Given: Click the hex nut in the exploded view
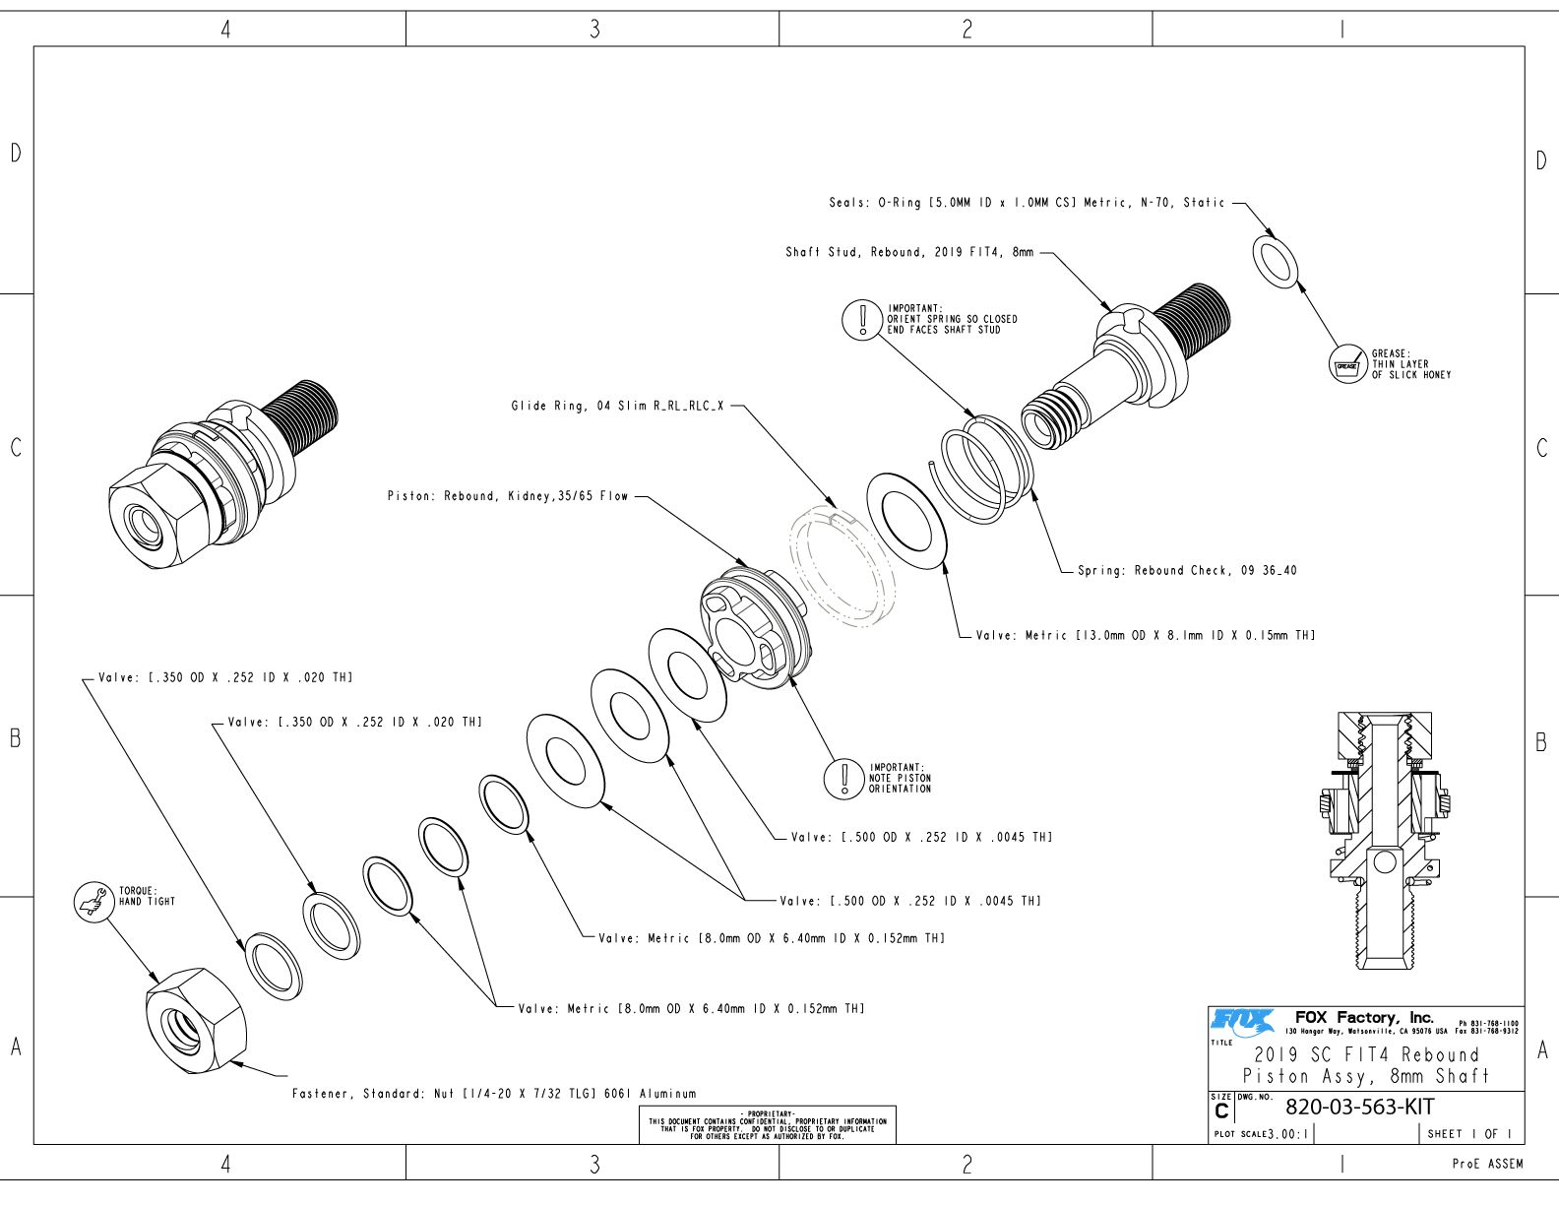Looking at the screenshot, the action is tap(196, 1021).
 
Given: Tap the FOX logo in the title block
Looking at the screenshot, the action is tap(1242, 1022).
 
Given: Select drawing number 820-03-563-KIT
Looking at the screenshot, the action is tap(1359, 1108).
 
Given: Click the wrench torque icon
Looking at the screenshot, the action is tap(94, 902).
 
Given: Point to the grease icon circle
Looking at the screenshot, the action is tap(1347, 364).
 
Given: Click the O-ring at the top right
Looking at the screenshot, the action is tap(1275, 261).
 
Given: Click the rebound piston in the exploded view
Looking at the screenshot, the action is tap(756, 627).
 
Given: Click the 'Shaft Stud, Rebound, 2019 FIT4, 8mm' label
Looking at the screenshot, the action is tap(909, 253).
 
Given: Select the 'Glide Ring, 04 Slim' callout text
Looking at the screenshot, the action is tap(618, 407).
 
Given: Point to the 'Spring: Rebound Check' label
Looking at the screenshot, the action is tap(1187, 571).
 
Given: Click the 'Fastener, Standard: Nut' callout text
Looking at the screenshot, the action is tap(494, 1094).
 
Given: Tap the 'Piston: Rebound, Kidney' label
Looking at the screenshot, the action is tap(508, 496).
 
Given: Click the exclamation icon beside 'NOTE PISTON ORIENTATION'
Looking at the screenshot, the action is tap(843, 779).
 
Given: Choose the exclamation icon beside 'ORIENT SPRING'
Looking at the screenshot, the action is tap(861, 319).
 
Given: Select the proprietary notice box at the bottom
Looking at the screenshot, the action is tap(768, 1124).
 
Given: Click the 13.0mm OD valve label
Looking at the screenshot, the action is tap(1146, 635).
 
